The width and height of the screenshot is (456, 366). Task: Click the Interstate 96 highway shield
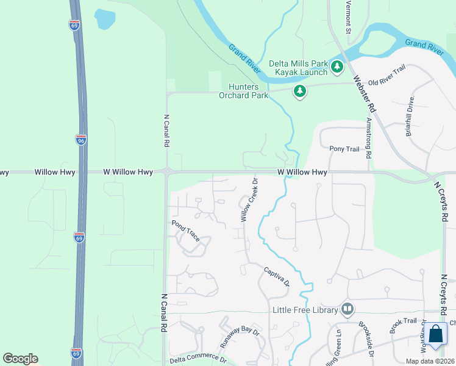81,140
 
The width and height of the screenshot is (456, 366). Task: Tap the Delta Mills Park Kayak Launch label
298,68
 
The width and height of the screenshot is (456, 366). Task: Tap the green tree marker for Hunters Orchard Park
299,91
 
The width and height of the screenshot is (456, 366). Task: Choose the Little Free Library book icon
347,309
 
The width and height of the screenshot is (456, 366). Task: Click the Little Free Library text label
305,310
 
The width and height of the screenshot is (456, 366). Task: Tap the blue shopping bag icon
435,335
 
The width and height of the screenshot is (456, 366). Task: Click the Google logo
20,359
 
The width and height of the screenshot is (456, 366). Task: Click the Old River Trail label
387,77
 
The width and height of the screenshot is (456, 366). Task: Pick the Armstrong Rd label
368,138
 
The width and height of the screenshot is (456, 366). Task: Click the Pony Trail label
344,149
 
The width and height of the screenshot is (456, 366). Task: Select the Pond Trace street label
186,231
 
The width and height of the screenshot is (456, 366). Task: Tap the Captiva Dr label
276,276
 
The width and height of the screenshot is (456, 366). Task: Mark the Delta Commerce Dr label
198,361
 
